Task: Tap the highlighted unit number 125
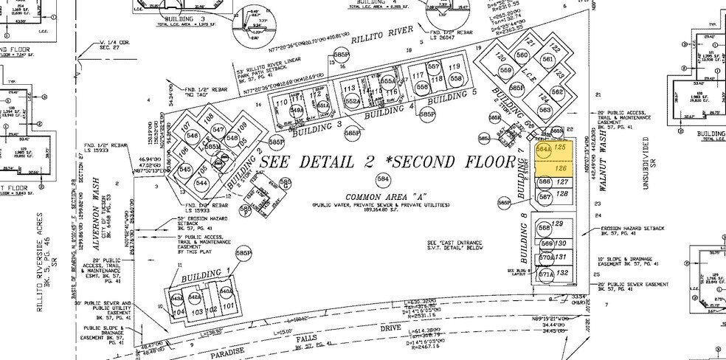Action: pos(561,148)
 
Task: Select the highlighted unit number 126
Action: pos(561,167)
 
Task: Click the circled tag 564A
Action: pos(544,149)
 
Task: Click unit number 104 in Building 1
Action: pos(179,312)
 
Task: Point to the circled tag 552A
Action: pos(351,102)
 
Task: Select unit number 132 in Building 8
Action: pos(561,273)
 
